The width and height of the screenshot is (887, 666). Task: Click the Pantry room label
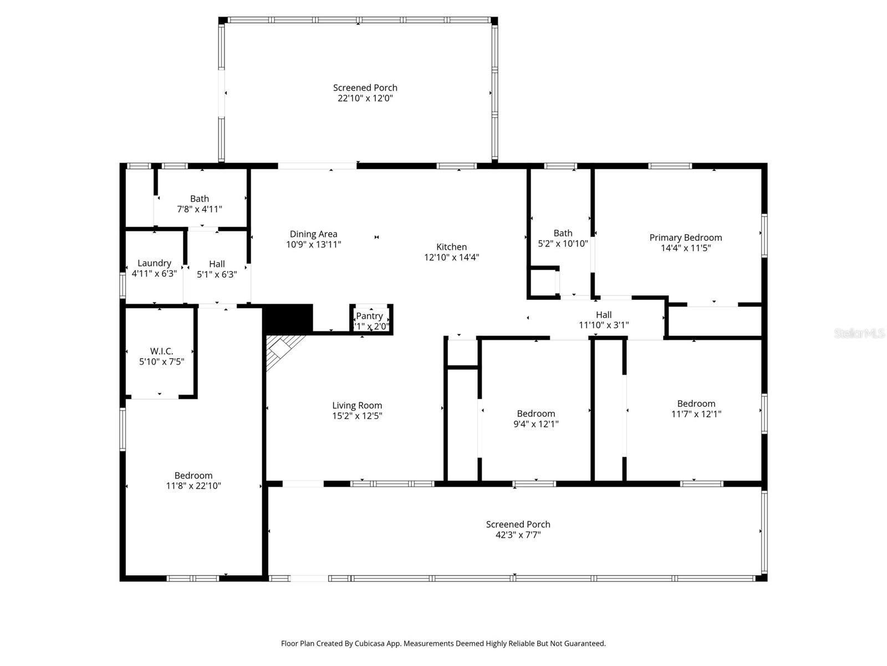click(x=369, y=316)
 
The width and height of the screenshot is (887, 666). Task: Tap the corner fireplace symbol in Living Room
click(x=281, y=350)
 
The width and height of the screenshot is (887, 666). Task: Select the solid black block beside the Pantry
click(x=288, y=318)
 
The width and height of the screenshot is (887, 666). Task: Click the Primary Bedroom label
click(x=685, y=238)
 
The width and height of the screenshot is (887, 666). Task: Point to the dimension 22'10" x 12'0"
click(x=365, y=98)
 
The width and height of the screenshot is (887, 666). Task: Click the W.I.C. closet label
click(x=161, y=351)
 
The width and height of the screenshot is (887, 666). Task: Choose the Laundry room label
click(x=154, y=263)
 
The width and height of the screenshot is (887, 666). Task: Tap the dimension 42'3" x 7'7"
click(x=518, y=535)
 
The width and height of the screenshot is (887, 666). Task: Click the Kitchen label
click(x=451, y=247)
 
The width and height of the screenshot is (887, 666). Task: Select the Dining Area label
click(x=313, y=234)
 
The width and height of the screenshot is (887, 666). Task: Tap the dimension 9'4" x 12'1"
click(x=536, y=424)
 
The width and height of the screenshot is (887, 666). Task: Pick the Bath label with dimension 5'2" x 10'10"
click(x=563, y=233)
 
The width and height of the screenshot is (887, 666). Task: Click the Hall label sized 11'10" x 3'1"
click(x=604, y=315)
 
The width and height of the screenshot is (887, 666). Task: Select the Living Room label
click(x=357, y=406)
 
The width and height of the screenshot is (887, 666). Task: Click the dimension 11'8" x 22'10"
click(x=193, y=486)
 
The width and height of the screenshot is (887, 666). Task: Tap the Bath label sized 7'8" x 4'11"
click(x=200, y=199)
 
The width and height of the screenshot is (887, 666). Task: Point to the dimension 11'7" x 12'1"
click(x=696, y=414)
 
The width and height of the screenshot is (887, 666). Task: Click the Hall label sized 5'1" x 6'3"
click(x=217, y=264)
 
